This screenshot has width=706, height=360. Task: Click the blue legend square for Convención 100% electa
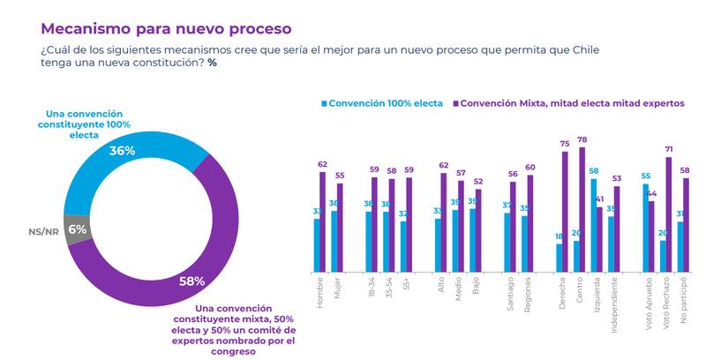[324, 103]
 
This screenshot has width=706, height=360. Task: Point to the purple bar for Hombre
[323, 221]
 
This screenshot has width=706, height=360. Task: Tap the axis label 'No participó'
[686, 296]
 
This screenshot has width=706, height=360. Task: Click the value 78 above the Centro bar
[582, 140]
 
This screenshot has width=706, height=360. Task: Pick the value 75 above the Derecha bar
[565, 145]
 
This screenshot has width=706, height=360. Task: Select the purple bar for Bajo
[479, 229]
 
